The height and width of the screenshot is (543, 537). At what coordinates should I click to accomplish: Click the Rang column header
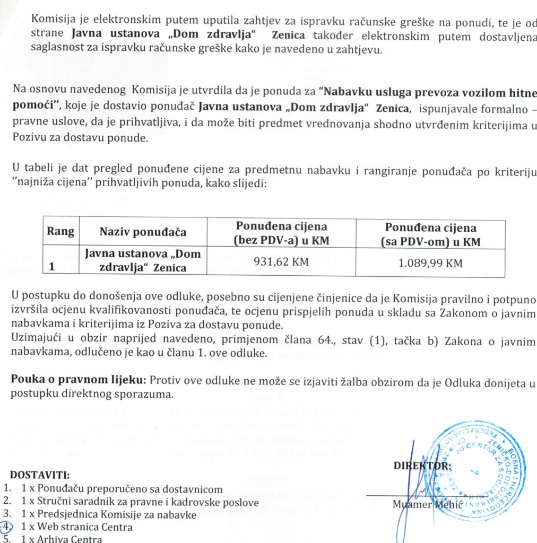[x=60, y=232]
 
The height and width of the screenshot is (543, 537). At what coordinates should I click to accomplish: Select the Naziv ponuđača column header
[x=143, y=232]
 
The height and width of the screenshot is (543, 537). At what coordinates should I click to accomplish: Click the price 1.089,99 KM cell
[x=430, y=262]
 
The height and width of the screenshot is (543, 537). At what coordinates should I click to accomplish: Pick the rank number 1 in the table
[x=52, y=267]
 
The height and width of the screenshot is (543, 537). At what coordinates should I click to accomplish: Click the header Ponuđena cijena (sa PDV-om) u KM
[x=430, y=234]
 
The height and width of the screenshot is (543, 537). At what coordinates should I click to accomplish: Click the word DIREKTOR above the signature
[x=422, y=466]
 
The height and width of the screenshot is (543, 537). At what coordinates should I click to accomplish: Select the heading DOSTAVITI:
[x=40, y=474]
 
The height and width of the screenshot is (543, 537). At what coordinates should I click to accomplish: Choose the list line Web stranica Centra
[x=76, y=527]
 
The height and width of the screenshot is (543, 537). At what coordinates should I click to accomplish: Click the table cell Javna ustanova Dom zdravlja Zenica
[x=143, y=261]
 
